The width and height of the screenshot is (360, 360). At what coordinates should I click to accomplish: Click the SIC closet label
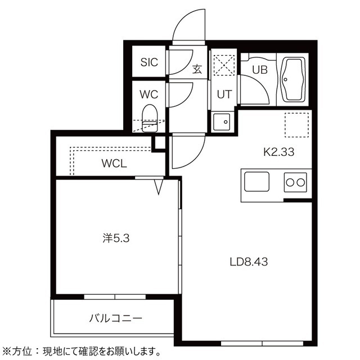coord(149,62)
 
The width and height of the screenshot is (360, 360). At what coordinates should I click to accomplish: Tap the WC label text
coord(149,94)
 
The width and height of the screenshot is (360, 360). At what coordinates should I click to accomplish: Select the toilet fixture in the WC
coord(150,118)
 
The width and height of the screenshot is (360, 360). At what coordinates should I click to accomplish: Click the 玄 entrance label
coord(197,69)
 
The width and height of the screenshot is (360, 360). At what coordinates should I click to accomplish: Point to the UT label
coord(224,94)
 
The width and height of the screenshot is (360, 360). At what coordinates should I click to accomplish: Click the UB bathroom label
coord(260,70)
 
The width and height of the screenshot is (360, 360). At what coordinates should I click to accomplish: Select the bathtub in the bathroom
coord(293,79)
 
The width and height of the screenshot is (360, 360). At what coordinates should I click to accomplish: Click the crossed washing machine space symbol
coord(224,65)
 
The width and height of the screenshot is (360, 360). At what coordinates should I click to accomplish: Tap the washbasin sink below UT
coord(221,122)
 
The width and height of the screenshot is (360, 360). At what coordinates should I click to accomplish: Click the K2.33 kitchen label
coord(279,152)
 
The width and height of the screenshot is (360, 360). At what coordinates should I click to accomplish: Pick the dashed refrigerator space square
coord(296,125)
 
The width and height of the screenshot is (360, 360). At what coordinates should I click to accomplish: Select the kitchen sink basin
coord(256,182)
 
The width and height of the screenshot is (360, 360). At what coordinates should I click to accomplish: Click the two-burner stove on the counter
coord(295,182)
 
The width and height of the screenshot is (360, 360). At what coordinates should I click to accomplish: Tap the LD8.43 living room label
coord(249,262)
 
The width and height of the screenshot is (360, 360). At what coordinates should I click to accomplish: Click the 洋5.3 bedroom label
coord(116,238)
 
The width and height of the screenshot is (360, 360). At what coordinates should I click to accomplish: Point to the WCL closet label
coord(114,164)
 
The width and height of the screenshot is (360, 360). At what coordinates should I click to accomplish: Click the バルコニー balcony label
coord(116,318)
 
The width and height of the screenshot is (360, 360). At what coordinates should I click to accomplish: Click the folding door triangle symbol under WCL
coord(159,187)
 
